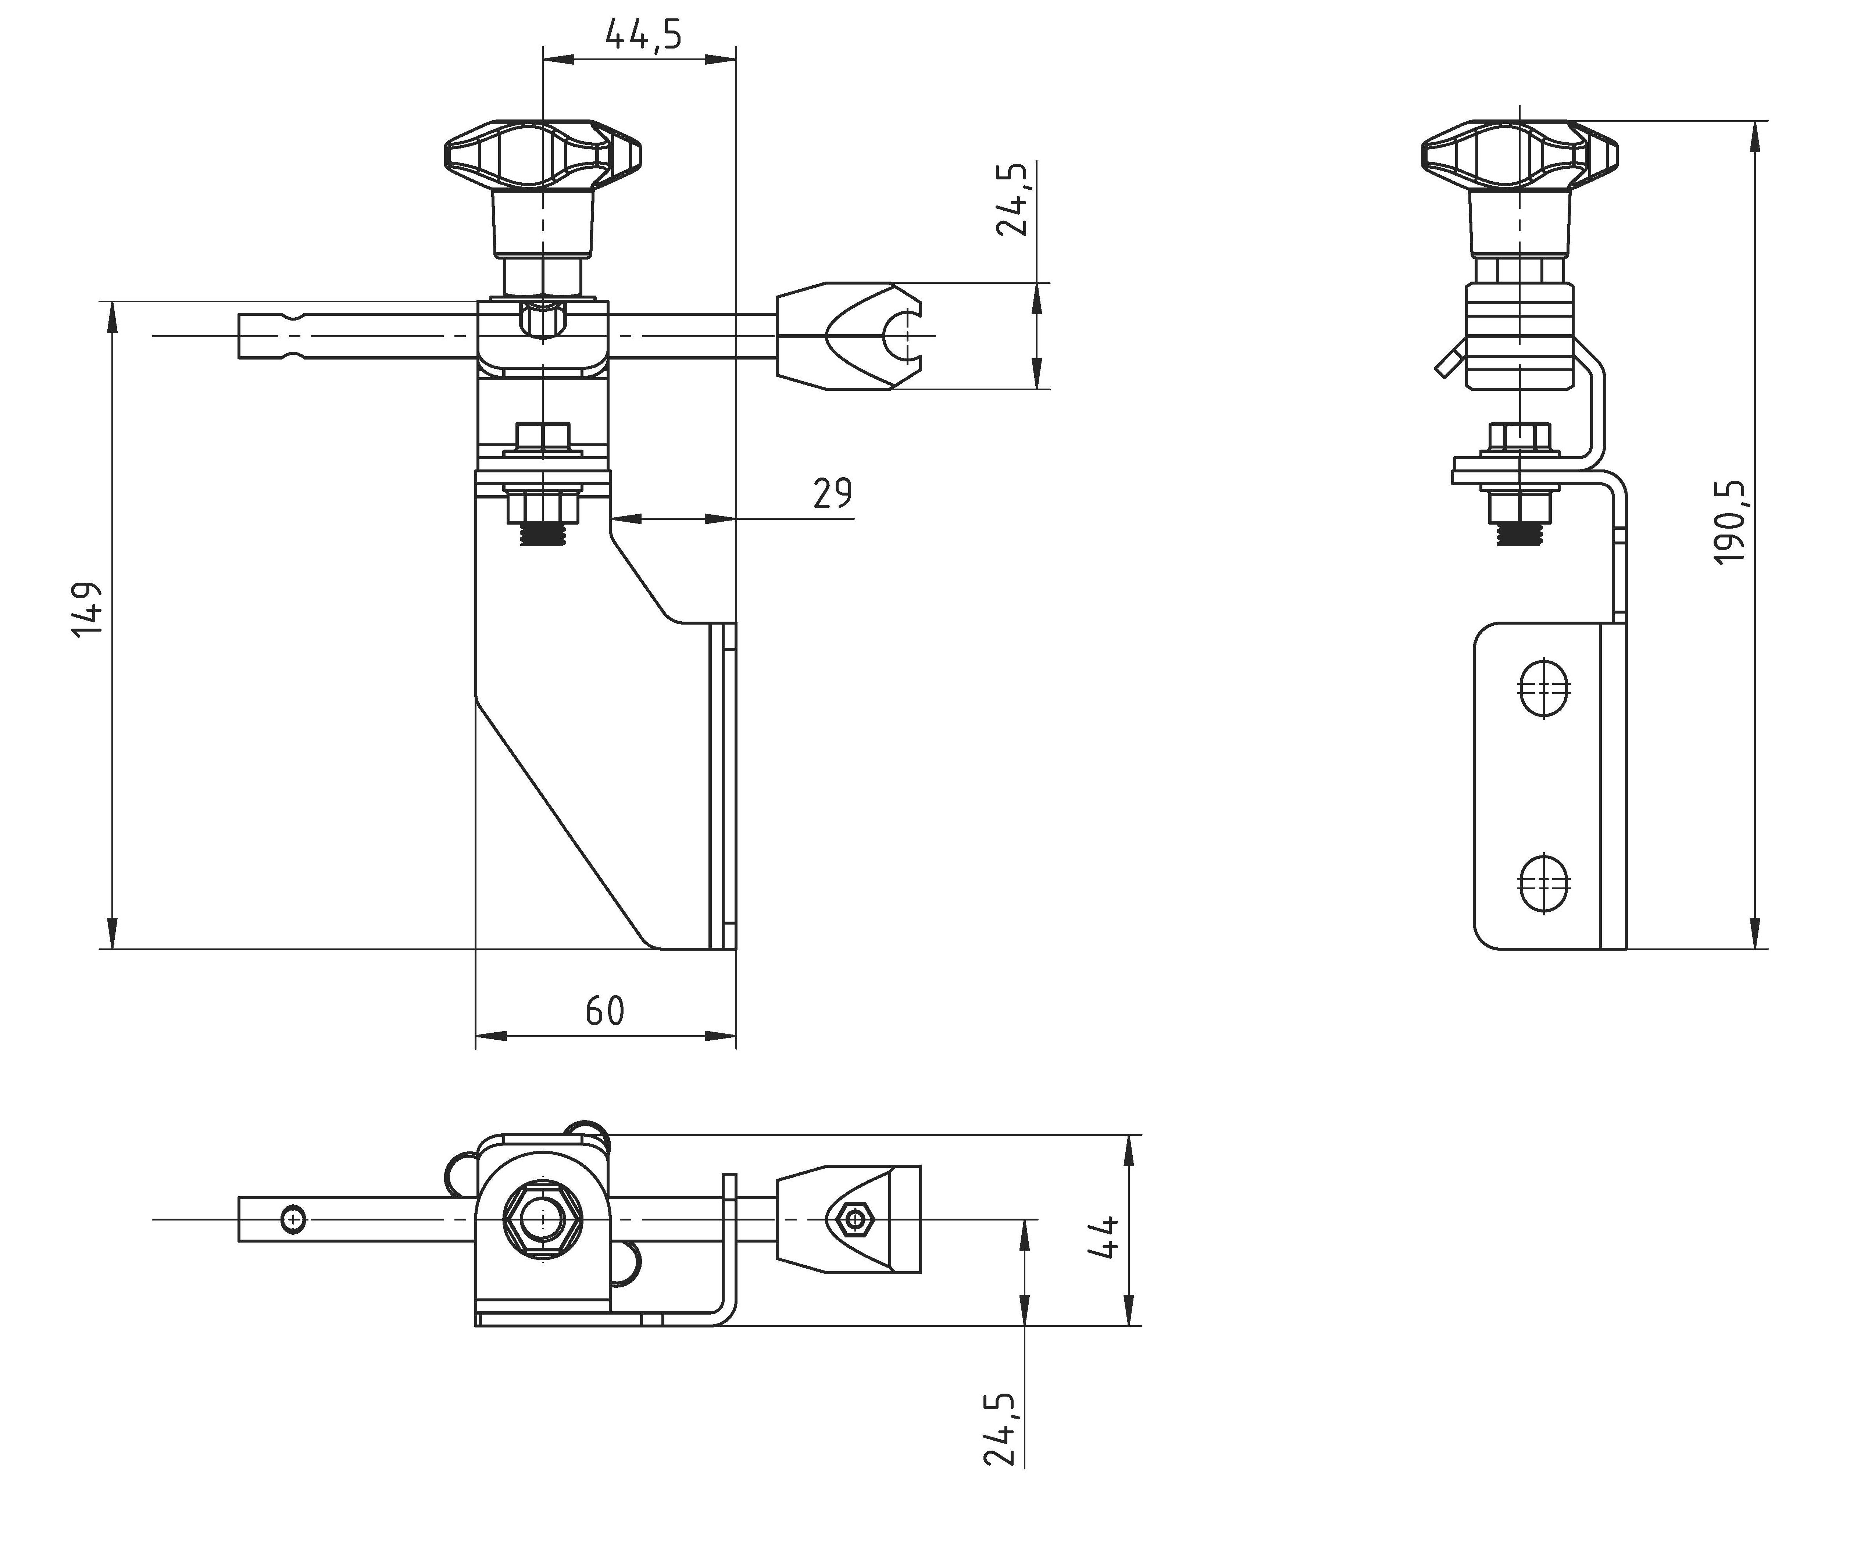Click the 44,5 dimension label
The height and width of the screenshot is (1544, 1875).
[643, 36]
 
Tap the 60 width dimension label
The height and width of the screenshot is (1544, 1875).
[605, 1011]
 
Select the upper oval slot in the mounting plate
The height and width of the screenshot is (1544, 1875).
[1543, 687]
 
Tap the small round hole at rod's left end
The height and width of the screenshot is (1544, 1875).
[293, 1219]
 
